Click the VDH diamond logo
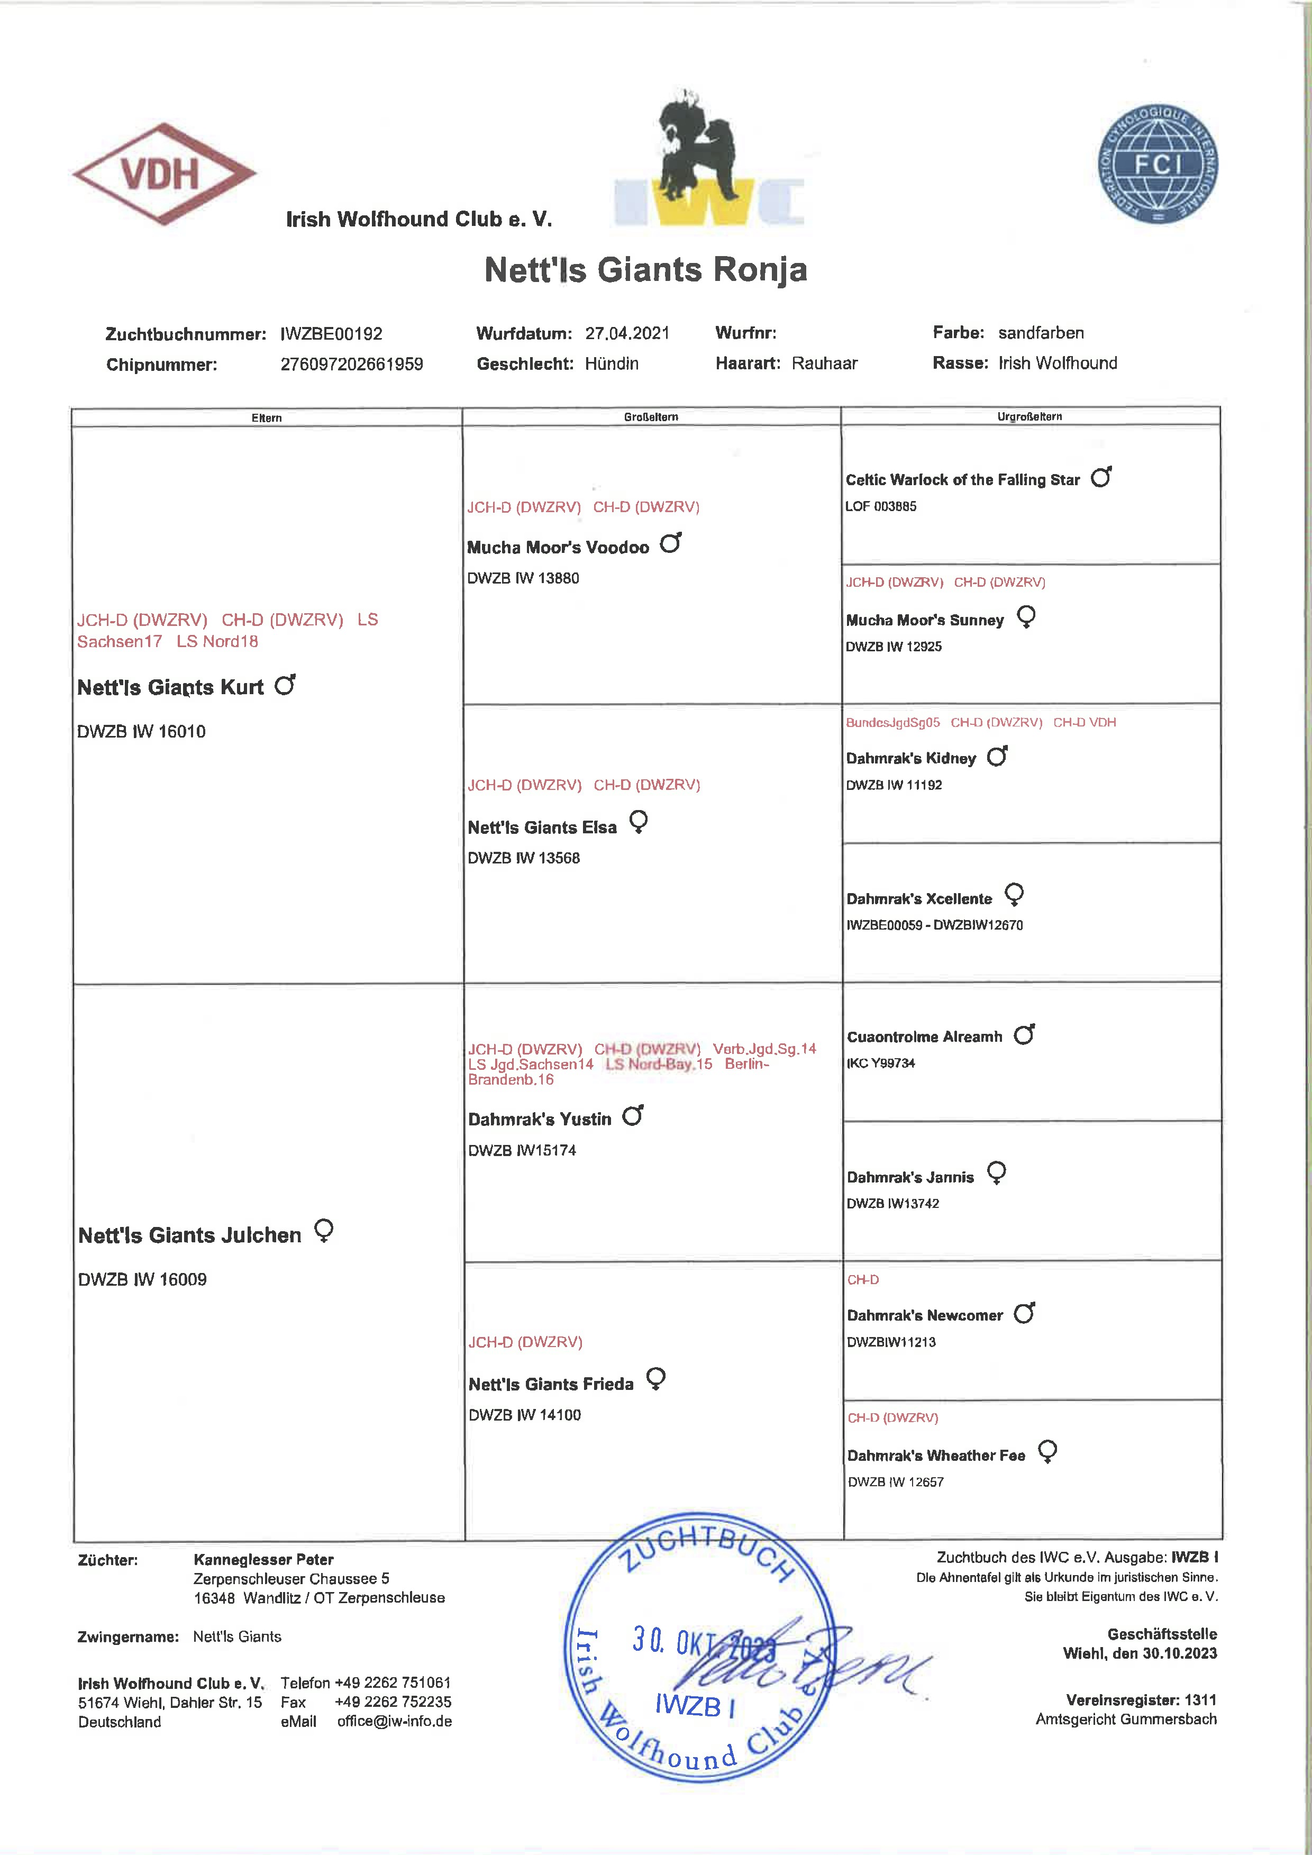[164, 174]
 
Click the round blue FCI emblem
[1157, 164]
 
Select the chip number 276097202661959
[351, 365]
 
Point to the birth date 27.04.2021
[627, 333]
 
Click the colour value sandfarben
[1041, 333]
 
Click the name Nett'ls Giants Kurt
[170, 687]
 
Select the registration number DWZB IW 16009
[142, 1279]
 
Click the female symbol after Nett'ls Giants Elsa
[638, 822]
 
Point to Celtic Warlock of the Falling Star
[962, 480]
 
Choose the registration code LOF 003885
[881, 506]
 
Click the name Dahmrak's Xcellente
[918, 898]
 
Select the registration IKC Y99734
[881, 1063]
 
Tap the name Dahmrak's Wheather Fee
[935, 1455]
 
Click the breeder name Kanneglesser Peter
[263, 1559]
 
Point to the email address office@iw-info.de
[394, 1721]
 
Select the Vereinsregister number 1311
[1200, 1700]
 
